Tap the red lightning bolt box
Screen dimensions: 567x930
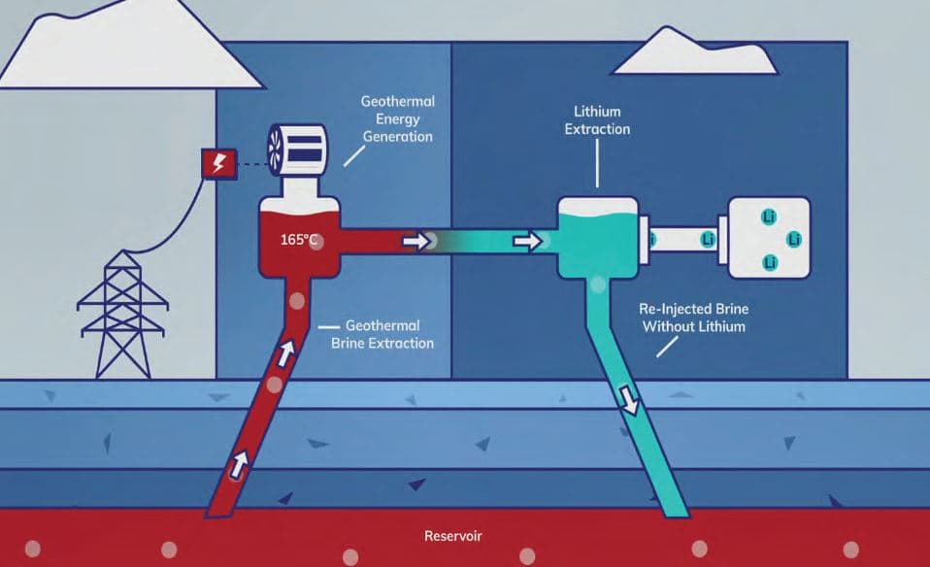216,164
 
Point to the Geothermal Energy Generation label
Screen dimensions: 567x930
396,118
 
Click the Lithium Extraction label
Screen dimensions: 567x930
597,120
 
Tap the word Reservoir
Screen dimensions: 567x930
452,536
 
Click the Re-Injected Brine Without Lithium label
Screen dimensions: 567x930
692,317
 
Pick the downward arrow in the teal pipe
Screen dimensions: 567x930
630,400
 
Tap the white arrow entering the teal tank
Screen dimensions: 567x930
527,240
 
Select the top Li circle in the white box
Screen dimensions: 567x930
770,214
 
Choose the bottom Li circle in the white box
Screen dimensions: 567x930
770,262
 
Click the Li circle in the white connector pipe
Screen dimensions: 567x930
707,238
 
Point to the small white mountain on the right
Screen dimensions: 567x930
695,54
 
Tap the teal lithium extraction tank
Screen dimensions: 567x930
598,236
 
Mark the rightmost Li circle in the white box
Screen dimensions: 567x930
793,238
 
